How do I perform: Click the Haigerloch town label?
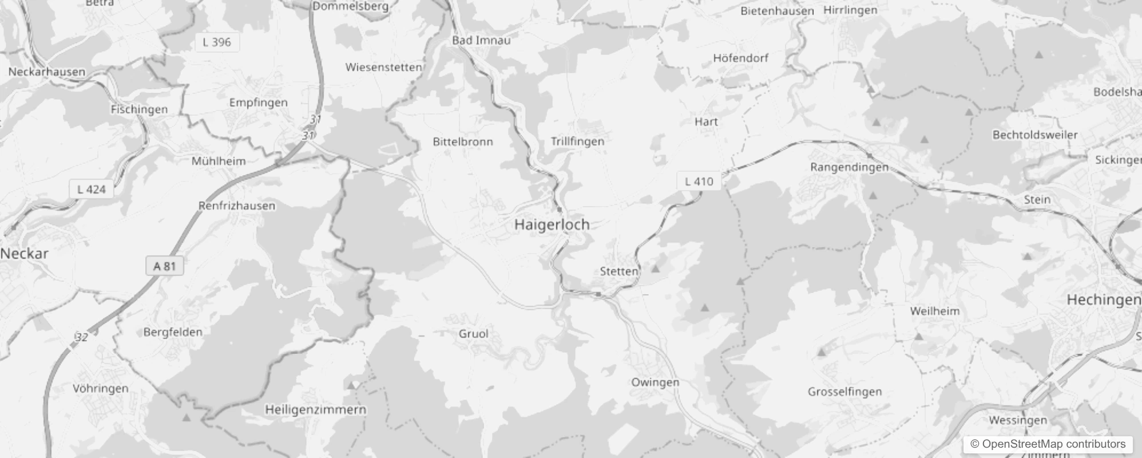(x=552, y=224)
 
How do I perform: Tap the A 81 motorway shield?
(x=164, y=266)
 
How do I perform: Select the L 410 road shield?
(x=699, y=181)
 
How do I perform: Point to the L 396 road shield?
(x=217, y=42)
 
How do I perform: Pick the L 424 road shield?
(x=92, y=189)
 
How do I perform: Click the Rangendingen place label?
(x=849, y=167)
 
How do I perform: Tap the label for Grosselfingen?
(x=844, y=392)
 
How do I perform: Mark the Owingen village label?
(x=655, y=382)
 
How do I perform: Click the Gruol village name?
(x=473, y=333)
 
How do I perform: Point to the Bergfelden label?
(x=172, y=332)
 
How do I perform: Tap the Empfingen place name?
(x=258, y=102)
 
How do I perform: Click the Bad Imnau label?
(x=481, y=40)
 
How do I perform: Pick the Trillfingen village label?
(x=577, y=141)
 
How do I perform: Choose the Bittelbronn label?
(x=462, y=141)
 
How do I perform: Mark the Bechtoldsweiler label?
(x=1034, y=135)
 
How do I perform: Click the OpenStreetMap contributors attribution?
(x=1048, y=444)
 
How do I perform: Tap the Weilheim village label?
(x=934, y=311)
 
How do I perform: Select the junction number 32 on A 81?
(x=81, y=337)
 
